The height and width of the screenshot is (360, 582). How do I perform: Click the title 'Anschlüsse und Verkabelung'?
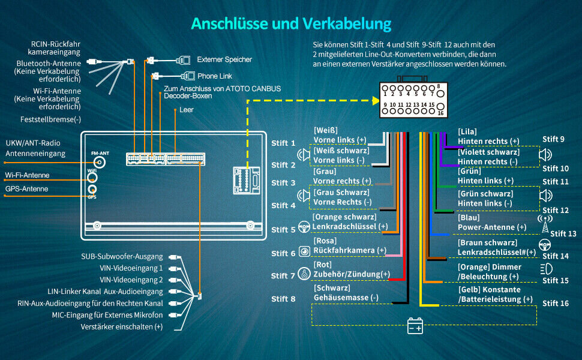click(x=291, y=23)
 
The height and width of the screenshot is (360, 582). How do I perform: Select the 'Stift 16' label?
click(x=556, y=304)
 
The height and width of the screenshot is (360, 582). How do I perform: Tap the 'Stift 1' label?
click(x=283, y=143)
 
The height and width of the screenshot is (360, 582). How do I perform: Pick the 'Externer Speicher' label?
click(x=224, y=60)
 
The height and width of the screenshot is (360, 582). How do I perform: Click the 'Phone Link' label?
click(x=215, y=76)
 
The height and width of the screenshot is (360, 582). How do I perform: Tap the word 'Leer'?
click(x=187, y=110)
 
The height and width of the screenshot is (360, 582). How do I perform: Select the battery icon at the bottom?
click(x=415, y=326)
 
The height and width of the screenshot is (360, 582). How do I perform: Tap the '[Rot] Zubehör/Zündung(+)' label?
click(x=351, y=269)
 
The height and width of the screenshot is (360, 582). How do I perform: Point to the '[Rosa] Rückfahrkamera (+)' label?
click(x=349, y=245)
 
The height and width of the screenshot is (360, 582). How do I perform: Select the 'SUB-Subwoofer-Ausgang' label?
click(x=122, y=257)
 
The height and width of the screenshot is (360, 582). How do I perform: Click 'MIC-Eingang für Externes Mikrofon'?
click(x=107, y=315)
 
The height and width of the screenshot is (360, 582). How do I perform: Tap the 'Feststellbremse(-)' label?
click(x=51, y=119)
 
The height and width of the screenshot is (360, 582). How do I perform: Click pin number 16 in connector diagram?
click(x=440, y=113)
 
